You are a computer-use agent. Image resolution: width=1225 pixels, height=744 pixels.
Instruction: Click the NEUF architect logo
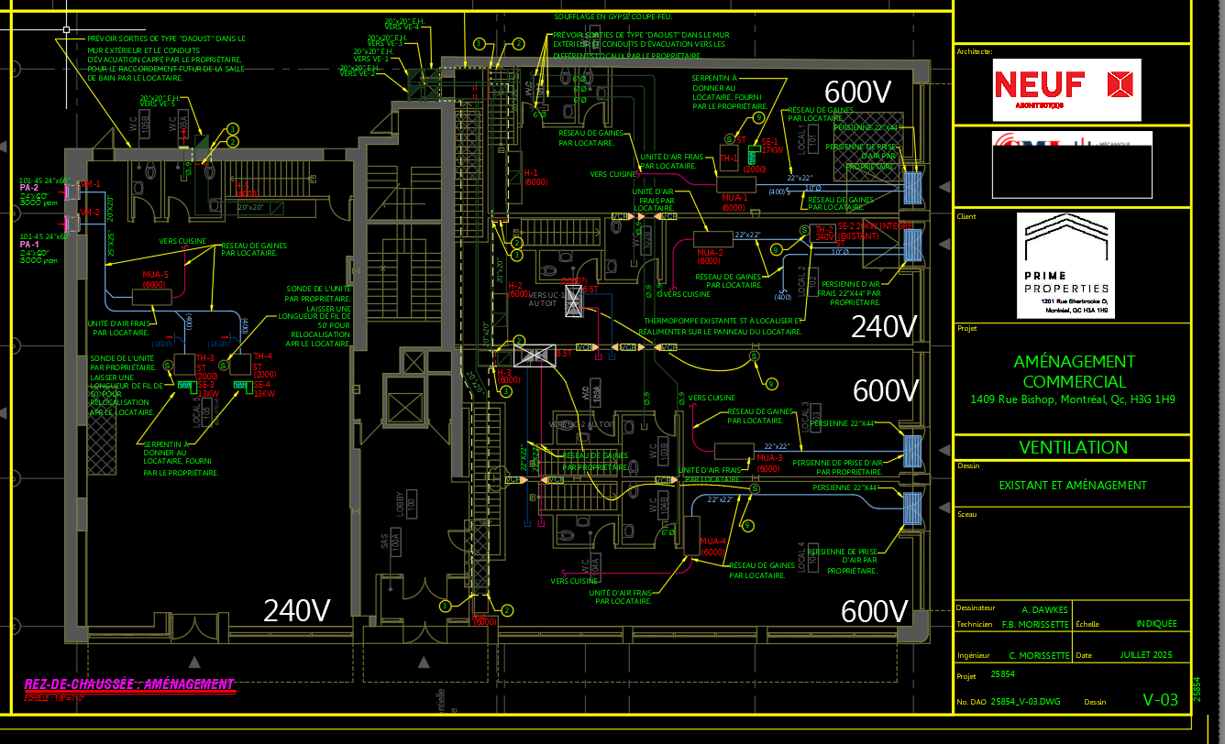click(x=1066, y=89)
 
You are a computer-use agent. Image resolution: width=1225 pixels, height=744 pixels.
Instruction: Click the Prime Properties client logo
click(x=1065, y=265)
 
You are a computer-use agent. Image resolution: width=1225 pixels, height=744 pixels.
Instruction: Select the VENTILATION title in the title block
click(x=1073, y=447)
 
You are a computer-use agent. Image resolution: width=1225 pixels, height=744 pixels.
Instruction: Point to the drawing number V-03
click(x=1160, y=700)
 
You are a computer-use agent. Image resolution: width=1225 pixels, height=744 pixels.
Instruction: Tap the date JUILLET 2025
click(x=1146, y=655)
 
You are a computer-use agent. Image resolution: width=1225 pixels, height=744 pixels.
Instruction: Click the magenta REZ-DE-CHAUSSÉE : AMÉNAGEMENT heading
click(x=128, y=684)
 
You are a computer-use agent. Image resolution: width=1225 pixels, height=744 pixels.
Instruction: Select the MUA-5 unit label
click(x=155, y=274)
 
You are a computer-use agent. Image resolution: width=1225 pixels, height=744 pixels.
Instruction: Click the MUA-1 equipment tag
click(x=734, y=197)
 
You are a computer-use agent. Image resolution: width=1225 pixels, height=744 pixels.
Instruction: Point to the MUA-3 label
click(x=769, y=457)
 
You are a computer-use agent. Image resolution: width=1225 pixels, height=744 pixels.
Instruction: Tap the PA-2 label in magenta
click(x=29, y=187)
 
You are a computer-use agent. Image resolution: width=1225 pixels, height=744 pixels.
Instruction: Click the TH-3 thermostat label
click(x=205, y=356)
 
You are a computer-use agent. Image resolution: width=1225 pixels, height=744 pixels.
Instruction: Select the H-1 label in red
click(x=530, y=172)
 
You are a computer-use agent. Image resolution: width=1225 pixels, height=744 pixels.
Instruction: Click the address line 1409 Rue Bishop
click(x=1073, y=399)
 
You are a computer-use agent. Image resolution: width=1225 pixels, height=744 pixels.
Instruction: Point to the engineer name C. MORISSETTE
click(x=1039, y=655)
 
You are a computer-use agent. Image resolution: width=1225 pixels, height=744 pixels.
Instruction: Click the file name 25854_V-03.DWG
click(x=1026, y=702)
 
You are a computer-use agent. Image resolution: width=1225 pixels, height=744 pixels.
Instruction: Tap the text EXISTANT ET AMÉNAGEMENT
click(x=1073, y=486)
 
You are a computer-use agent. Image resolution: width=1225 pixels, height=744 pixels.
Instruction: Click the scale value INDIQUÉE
click(x=1156, y=624)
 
